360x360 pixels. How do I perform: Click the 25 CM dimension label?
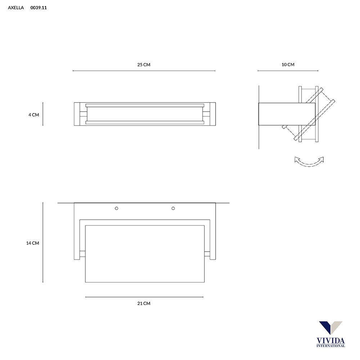tap(144, 65)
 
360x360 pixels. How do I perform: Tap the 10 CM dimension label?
tap(288, 65)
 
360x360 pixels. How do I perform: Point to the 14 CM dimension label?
tap(32, 243)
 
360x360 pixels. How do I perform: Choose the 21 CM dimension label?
tap(144, 303)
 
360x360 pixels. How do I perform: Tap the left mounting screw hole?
tap(116, 208)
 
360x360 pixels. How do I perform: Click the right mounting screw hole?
tap(173, 208)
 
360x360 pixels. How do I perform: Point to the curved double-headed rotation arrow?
tap(309, 162)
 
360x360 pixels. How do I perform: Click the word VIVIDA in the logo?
tap(330, 340)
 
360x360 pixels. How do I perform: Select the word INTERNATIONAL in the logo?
tap(330, 346)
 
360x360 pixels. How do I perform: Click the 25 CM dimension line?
tap(144, 71)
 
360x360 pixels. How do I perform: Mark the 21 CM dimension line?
tap(144, 297)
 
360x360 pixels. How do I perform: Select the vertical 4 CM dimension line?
tap(43, 114)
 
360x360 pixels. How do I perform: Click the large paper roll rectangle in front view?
tap(144, 254)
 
